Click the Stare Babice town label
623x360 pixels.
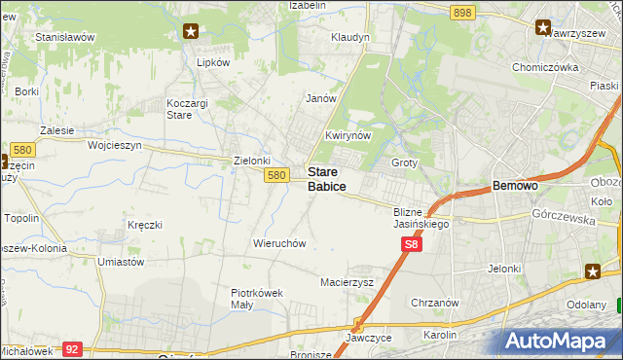click(327, 178)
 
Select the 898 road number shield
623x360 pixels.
click(462, 12)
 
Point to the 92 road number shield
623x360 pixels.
click(71, 347)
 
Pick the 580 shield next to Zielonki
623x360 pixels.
click(276, 175)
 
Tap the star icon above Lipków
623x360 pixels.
click(191, 31)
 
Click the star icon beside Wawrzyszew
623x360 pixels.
click(542, 27)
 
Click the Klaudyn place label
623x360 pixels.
click(350, 38)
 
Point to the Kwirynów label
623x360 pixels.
click(348, 136)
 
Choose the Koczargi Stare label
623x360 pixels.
click(193, 108)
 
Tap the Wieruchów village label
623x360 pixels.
click(280, 243)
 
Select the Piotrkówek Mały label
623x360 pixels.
click(256, 298)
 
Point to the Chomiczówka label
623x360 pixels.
click(545, 68)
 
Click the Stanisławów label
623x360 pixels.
click(64, 37)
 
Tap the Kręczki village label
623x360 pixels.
click(144, 225)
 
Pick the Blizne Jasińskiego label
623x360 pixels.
click(421, 218)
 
